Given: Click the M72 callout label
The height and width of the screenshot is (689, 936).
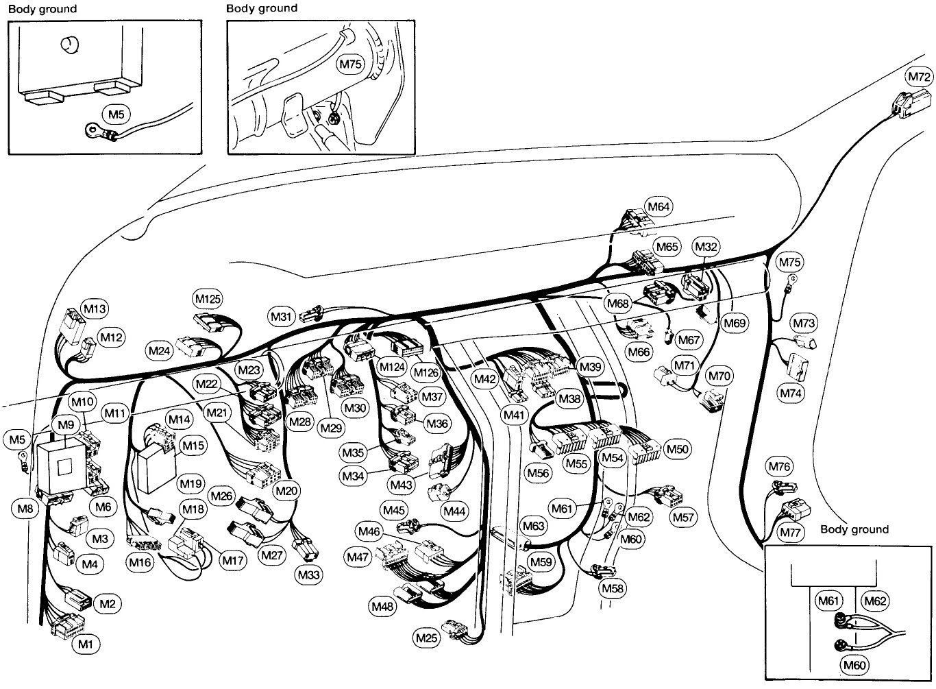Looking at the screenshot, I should [918, 75].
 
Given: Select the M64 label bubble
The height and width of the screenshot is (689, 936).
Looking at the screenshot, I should [658, 206].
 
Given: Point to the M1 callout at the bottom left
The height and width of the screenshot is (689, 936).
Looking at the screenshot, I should [85, 644].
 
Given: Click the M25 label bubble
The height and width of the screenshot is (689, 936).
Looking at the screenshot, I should [426, 638].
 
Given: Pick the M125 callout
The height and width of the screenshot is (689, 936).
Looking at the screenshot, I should [208, 299].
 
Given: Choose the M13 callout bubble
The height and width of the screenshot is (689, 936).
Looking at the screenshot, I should [94, 309].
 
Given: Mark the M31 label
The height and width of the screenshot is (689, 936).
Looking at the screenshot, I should [282, 316].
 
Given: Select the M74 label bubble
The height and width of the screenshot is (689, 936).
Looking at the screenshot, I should [794, 393].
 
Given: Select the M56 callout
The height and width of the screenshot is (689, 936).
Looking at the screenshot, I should [538, 472].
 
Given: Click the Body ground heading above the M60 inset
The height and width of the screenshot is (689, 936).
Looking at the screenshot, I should [854, 529].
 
